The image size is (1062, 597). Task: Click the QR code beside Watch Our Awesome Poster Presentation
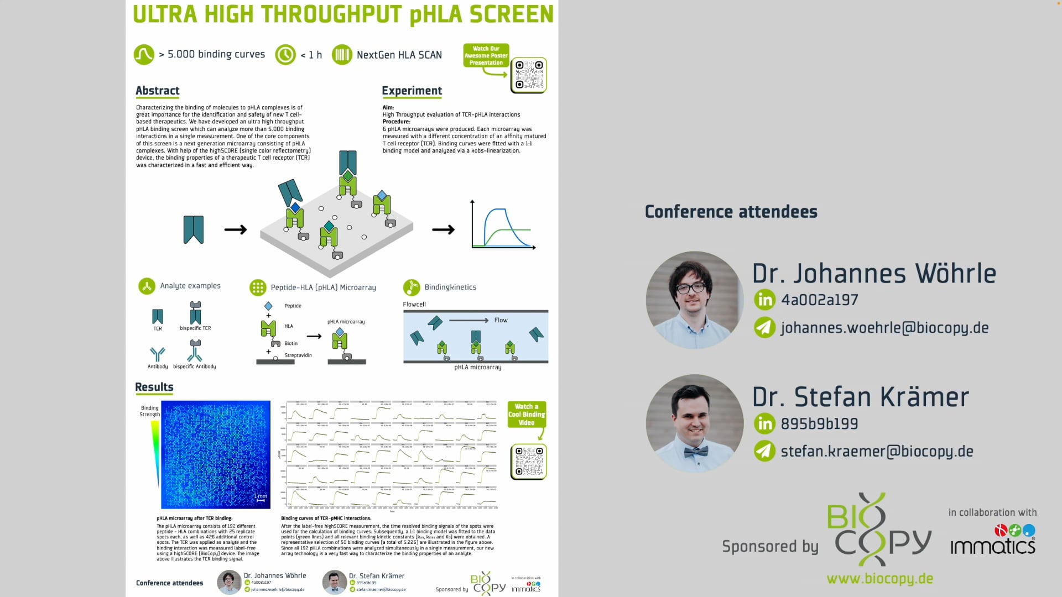click(528, 75)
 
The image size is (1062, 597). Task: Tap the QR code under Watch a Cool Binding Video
click(528, 462)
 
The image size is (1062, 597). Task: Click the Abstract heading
click(158, 91)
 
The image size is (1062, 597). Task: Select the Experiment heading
click(412, 91)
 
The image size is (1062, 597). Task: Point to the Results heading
click(154, 387)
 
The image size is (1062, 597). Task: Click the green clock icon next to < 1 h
click(285, 55)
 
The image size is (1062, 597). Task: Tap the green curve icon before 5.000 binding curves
click(144, 55)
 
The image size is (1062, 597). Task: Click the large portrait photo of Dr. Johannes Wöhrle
click(694, 300)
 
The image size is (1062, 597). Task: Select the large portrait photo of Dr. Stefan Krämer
click(694, 423)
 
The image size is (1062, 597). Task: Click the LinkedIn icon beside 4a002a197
click(764, 300)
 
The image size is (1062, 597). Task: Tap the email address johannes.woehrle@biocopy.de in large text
click(884, 328)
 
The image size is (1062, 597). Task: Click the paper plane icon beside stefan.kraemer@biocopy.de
click(764, 451)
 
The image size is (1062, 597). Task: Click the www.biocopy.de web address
click(879, 579)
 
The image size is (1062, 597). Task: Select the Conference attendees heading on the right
click(731, 212)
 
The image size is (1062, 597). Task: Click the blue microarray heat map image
click(216, 454)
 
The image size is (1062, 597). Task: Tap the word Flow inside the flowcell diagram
click(501, 320)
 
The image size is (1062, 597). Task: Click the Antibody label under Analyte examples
click(158, 366)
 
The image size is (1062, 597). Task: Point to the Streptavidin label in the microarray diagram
click(298, 355)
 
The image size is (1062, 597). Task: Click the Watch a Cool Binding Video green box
click(527, 415)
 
